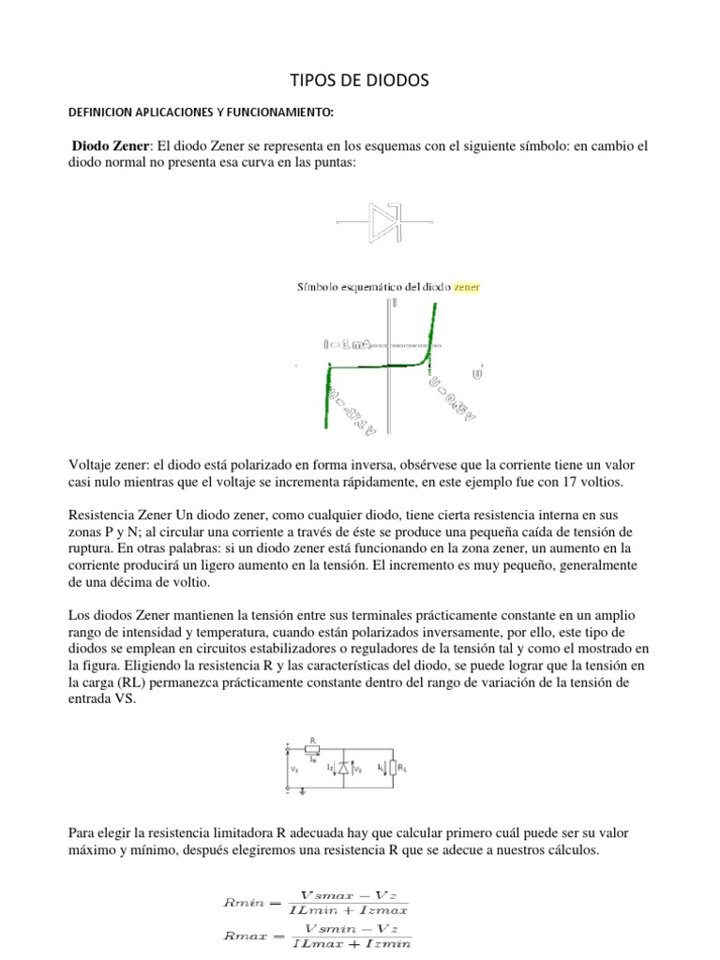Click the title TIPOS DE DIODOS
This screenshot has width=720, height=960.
point(359,82)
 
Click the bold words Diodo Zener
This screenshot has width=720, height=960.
point(111,146)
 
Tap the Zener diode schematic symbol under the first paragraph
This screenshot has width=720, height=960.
point(385,222)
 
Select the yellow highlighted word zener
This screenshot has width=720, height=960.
point(466,286)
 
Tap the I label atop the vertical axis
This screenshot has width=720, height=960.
point(395,303)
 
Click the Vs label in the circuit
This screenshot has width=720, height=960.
point(295,768)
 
